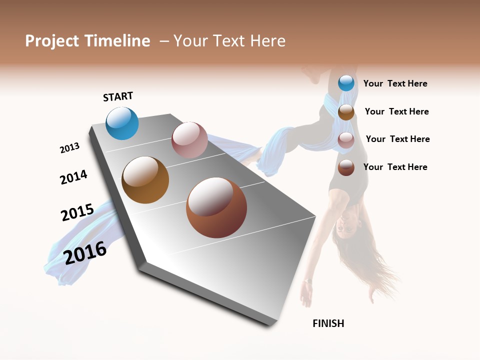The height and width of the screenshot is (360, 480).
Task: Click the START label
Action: (118, 96)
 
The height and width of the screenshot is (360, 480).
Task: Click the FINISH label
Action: (328, 323)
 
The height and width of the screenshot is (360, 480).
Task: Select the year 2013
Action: (69, 148)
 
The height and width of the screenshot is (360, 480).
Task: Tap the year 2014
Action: (73, 177)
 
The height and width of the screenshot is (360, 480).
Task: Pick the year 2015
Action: (77, 212)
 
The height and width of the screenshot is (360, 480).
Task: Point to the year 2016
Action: (85, 252)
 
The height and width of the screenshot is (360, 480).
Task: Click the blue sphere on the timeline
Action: (122, 123)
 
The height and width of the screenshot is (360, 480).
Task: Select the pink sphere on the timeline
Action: (189, 140)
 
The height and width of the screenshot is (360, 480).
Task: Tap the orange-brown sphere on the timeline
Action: (145, 180)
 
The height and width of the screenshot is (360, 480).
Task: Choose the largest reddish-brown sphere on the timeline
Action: (216, 208)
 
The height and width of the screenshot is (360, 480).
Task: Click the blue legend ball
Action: (346, 83)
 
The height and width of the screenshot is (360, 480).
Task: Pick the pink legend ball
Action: (346, 140)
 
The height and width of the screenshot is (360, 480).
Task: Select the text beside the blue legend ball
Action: (395, 83)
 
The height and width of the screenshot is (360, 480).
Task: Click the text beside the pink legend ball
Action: (397, 139)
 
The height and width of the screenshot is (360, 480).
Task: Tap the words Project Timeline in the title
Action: (87, 41)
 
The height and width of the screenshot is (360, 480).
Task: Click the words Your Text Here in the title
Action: (229, 41)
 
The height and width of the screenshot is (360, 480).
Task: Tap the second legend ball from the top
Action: (346, 112)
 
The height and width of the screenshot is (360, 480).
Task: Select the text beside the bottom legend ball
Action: (395, 167)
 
